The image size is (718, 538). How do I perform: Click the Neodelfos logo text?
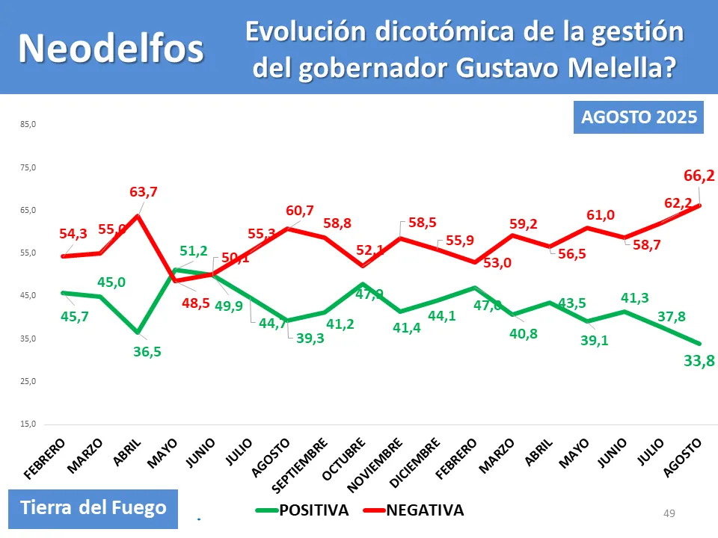[111, 48]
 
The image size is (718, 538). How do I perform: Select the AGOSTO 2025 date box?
[639, 117]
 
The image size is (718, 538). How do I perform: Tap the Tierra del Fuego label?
[93, 508]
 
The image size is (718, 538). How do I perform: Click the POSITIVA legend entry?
[302, 511]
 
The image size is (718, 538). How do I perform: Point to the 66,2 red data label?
[699, 176]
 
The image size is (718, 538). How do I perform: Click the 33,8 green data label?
[699, 362]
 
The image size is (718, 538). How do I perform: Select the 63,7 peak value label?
[144, 192]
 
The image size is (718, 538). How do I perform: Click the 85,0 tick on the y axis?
[28, 124]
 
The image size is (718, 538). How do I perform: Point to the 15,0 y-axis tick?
[28, 424]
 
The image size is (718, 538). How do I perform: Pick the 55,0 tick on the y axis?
[28, 253]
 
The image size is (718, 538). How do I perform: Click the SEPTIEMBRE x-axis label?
[300, 464]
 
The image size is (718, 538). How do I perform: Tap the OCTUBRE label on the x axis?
[344, 458]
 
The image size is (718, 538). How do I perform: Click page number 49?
[669, 513]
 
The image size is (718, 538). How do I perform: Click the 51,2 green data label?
[193, 251]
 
